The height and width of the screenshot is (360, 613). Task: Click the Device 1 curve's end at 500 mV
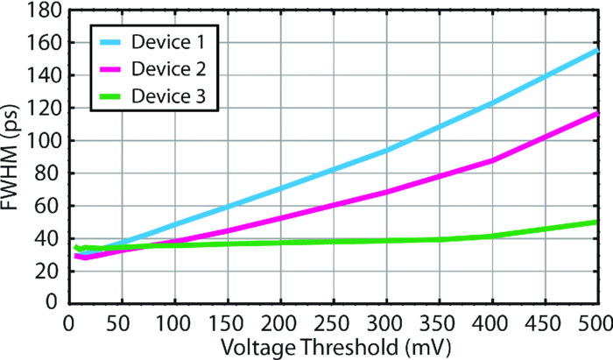click(596, 51)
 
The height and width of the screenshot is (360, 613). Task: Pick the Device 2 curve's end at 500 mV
click(596, 114)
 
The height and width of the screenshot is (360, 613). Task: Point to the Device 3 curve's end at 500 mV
click(596, 222)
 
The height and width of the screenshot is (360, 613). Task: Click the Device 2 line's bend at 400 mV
click(491, 161)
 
